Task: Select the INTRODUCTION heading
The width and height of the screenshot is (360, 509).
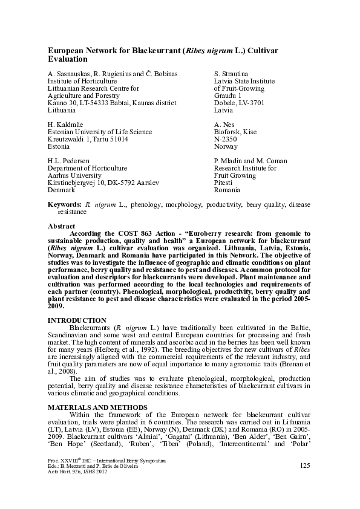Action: pyautogui.click(x=77, y=320)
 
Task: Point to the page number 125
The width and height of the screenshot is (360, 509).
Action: pyautogui.click(x=305, y=464)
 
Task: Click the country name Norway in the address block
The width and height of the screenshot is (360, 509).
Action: pyautogui.click(x=226, y=146)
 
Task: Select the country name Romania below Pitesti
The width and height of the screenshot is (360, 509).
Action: pyautogui.click(x=227, y=190)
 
